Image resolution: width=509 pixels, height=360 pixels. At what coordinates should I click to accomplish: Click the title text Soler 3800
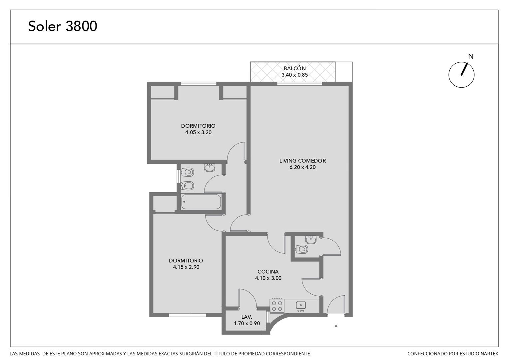pyautogui.click(x=63, y=26)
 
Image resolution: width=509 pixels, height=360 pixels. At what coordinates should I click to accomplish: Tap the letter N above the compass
pyautogui.click(x=471, y=56)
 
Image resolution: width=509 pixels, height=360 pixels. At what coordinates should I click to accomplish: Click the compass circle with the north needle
pyautogui.click(x=461, y=75)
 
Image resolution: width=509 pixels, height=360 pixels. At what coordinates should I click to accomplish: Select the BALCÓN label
pyautogui.click(x=294, y=68)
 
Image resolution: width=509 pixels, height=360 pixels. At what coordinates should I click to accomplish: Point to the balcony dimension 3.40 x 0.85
pyautogui.click(x=294, y=75)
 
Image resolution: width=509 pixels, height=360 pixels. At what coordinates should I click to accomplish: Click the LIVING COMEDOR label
pyautogui.click(x=302, y=161)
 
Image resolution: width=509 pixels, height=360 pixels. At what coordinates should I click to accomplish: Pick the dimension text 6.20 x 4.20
pyautogui.click(x=302, y=167)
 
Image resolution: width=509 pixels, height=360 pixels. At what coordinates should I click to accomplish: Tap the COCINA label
pyautogui.click(x=268, y=272)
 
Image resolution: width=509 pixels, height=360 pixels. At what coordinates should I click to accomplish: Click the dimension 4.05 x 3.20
pyautogui.click(x=198, y=132)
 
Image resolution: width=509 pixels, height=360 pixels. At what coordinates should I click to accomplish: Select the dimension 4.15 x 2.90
pyautogui.click(x=186, y=267)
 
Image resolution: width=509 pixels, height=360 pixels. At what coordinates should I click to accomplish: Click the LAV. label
pyautogui.click(x=247, y=317)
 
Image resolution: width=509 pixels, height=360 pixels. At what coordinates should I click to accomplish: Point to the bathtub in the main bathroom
pyautogui.click(x=201, y=202)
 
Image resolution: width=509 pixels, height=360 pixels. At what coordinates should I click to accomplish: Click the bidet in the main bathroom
pyautogui.click(x=188, y=186)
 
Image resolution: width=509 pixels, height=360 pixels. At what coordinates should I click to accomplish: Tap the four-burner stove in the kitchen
pyautogui.click(x=277, y=306)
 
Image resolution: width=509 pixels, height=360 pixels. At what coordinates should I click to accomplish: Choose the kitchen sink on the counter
pyautogui.click(x=300, y=306)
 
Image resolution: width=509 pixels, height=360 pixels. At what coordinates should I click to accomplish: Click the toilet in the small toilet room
pyautogui.click(x=302, y=249)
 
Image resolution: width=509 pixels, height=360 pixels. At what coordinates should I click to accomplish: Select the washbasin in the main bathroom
pyautogui.click(x=210, y=168)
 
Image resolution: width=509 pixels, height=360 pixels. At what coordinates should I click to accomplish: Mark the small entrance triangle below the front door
pyautogui.click(x=336, y=326)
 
